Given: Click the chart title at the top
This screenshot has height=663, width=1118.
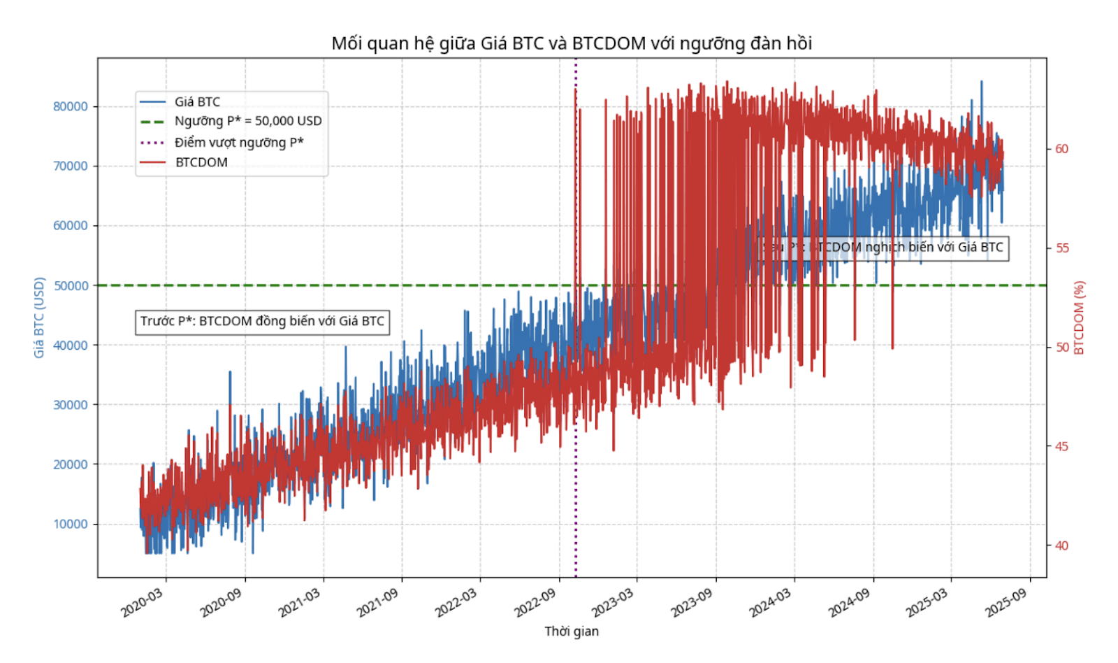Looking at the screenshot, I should [x=571, y=43].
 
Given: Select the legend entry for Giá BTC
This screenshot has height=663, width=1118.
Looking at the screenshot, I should [x=197, y=102].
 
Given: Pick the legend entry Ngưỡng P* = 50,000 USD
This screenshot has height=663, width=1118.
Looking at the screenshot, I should [x=248, y=121].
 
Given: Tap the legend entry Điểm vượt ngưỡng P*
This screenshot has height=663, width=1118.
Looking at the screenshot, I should [x=239, y=143].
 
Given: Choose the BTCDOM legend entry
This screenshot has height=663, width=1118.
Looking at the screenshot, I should [x=201, y=162].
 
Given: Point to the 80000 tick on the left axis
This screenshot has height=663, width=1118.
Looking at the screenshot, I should [x=71, y=106].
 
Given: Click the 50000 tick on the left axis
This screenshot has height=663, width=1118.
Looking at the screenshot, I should [x=71, y=285].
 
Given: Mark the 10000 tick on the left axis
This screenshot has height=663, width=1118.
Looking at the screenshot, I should [x=71, y=524].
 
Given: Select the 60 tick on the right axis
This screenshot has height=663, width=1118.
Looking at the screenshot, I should [x=1061, y=149].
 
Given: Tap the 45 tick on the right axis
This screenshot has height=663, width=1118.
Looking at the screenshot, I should [x=1061, y=446].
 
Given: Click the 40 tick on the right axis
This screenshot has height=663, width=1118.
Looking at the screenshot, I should [x=1061, y=546].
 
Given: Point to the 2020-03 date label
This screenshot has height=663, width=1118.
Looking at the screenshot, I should [x=142, y=603].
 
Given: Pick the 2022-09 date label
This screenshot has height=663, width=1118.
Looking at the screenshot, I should [x=535, y=603].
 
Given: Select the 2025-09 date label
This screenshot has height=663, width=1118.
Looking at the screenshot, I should [x=1006, y=603].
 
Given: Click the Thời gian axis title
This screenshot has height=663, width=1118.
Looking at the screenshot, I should [x=572, y=632].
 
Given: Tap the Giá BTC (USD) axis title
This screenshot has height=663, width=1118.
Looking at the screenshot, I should [x=39, y=318].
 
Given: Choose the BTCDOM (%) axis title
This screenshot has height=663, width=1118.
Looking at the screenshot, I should [x=1080, y=318].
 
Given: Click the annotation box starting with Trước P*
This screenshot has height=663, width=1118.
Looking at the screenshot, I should [x=262, y=321].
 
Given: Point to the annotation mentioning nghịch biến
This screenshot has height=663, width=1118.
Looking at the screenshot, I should [x=885, y=247].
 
